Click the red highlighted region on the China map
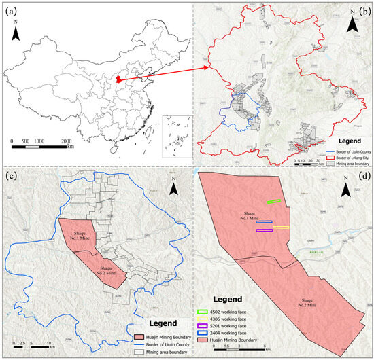119,80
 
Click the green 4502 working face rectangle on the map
275,201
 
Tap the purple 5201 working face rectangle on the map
265,230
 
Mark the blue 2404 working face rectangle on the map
265,222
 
